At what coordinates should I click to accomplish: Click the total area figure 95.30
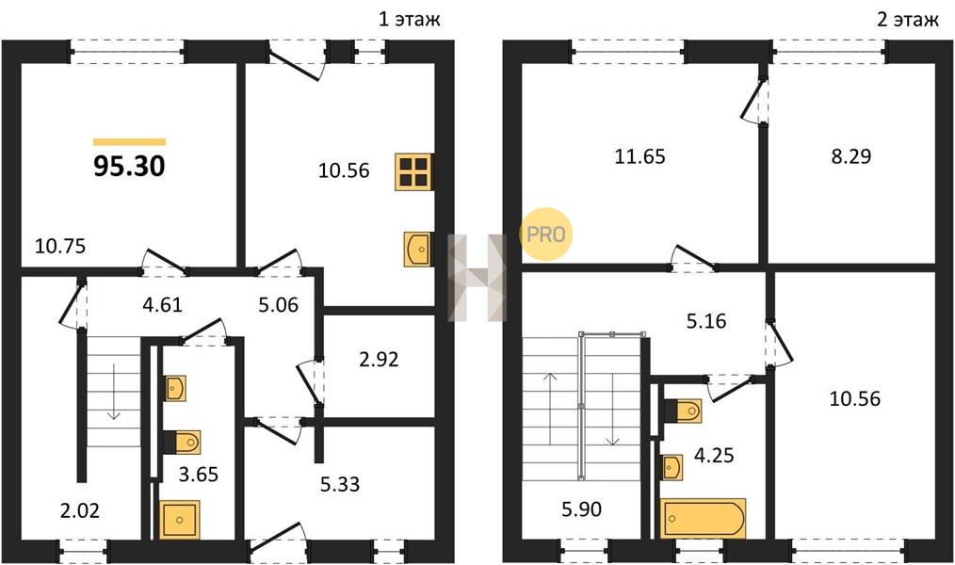coord(129,167)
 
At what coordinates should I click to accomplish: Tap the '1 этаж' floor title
coord(410,19)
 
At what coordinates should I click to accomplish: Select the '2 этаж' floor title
coord(908,19)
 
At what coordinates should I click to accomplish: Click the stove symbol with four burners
coord(413,171)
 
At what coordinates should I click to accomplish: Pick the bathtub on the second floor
coord(704,518)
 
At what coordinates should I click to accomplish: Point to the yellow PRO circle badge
coord(545,234)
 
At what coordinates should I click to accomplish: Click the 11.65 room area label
coord(639,157)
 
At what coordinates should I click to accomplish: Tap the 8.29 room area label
coord(850,156)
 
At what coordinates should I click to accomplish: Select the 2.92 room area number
coord(379,359)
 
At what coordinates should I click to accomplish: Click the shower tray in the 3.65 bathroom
coord(180,520)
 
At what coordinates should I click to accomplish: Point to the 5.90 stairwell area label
coord(582,509)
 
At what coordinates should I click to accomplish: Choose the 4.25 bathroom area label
coord(714,455)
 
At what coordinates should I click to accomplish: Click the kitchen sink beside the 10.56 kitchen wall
coord(418,249)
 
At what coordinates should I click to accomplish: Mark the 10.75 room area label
coord(60,246)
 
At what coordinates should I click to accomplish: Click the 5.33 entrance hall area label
coord(340,484)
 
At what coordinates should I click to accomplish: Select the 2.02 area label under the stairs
coord(80,510)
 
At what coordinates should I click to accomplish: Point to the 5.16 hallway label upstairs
coord(706,321)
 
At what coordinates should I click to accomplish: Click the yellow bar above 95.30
coord(129,142)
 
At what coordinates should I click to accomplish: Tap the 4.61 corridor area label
coord(163,304)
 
